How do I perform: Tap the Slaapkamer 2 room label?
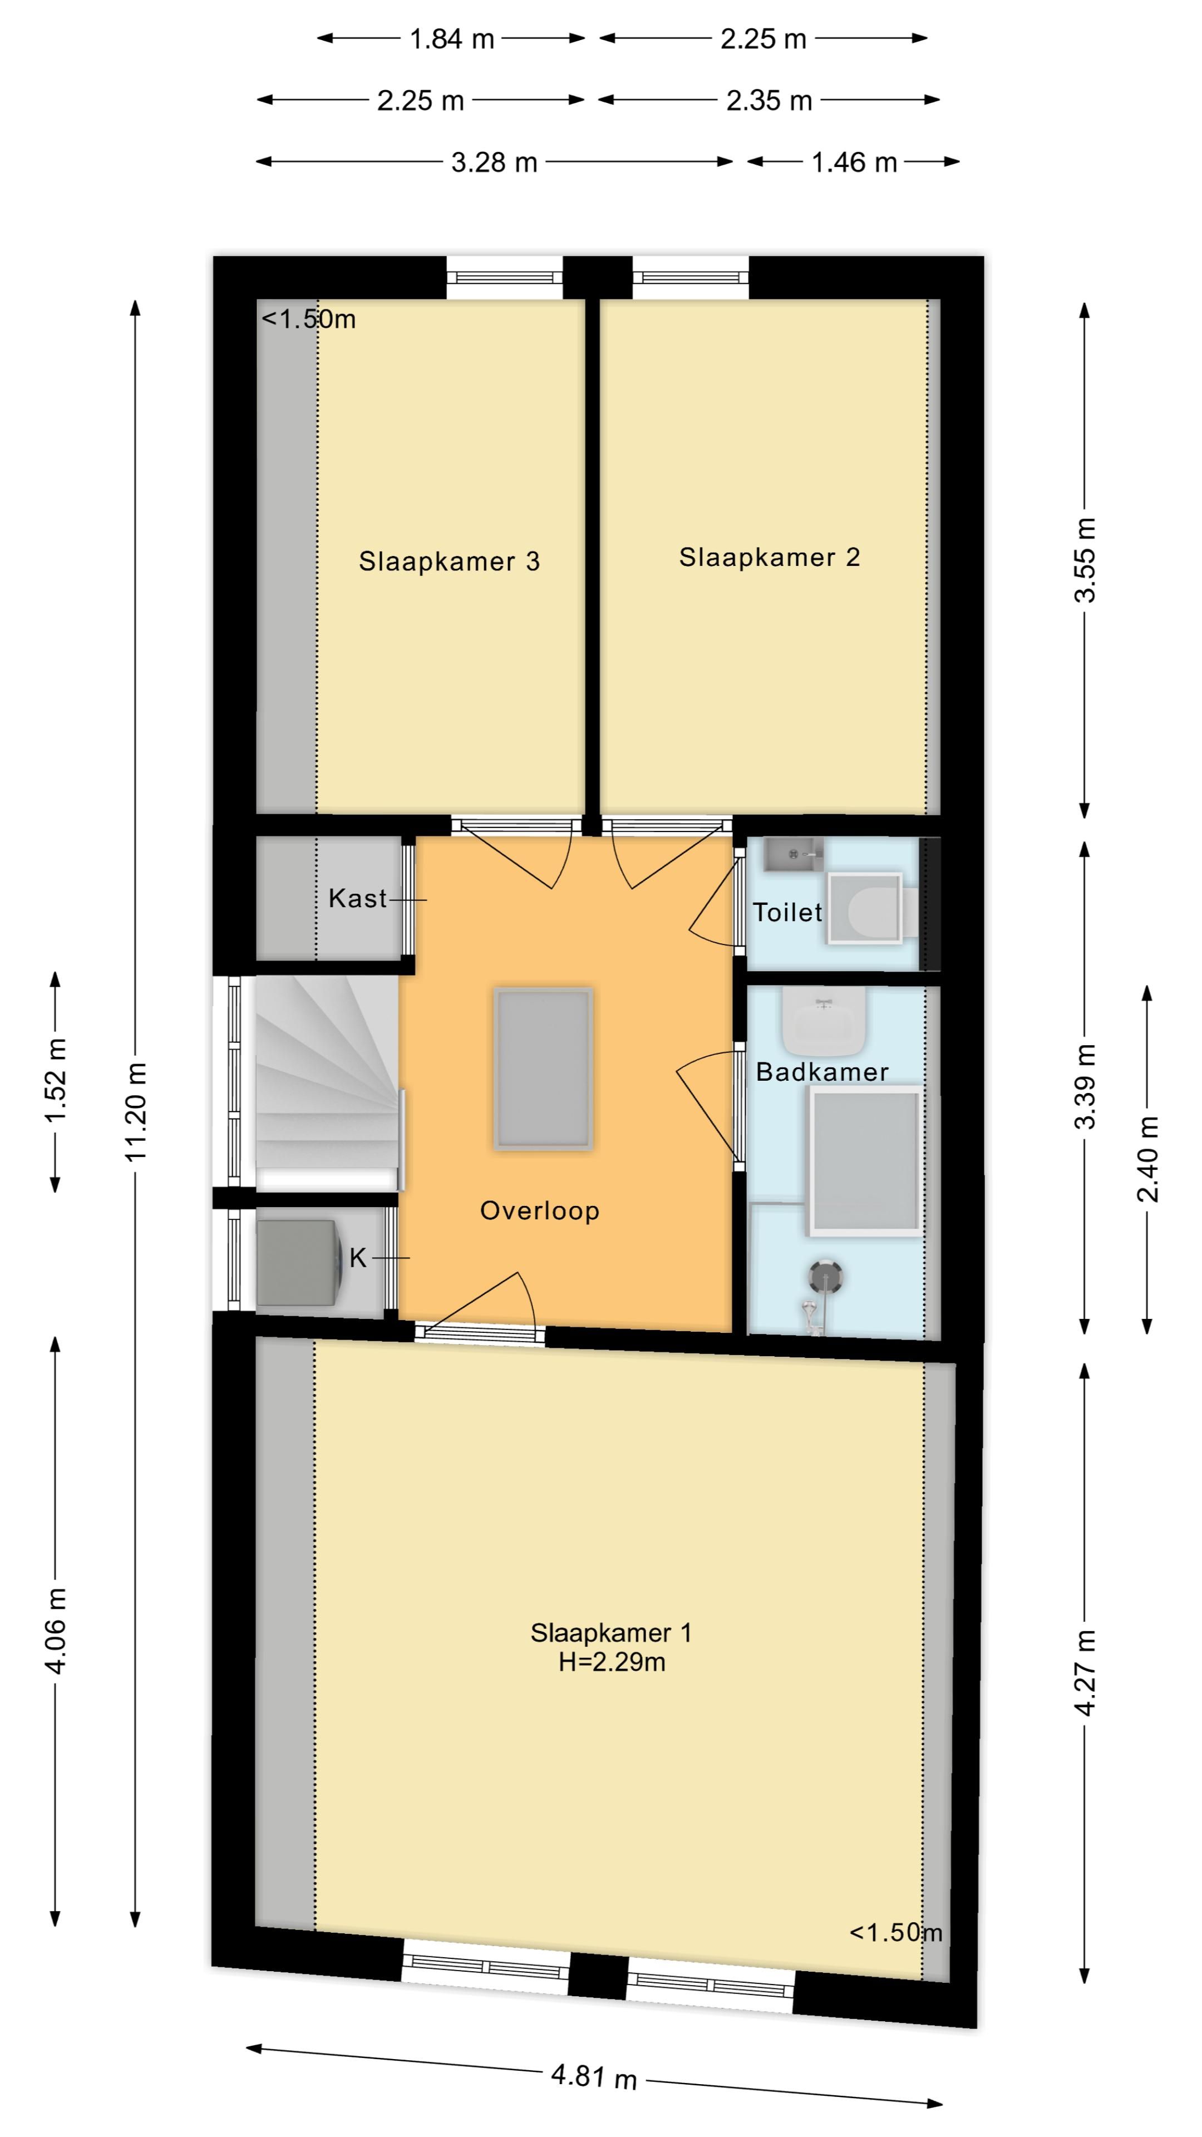[x=769, y=558]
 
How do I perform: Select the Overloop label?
[x=539, y=1211]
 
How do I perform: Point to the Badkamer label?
[x=822, y=1072]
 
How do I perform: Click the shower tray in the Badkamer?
[x=865, y=1160]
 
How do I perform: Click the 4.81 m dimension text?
[x=594, y=2076]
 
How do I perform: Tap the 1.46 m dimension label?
[x=854, y=163]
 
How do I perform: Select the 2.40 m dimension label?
[x=1148, y=1160]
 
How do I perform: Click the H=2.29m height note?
[x=612, y=1662]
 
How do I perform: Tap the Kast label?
[x=357, y=898]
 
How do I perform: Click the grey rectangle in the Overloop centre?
[x=543, y=1068]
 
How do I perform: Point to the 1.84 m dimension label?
[x=451, y=39]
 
